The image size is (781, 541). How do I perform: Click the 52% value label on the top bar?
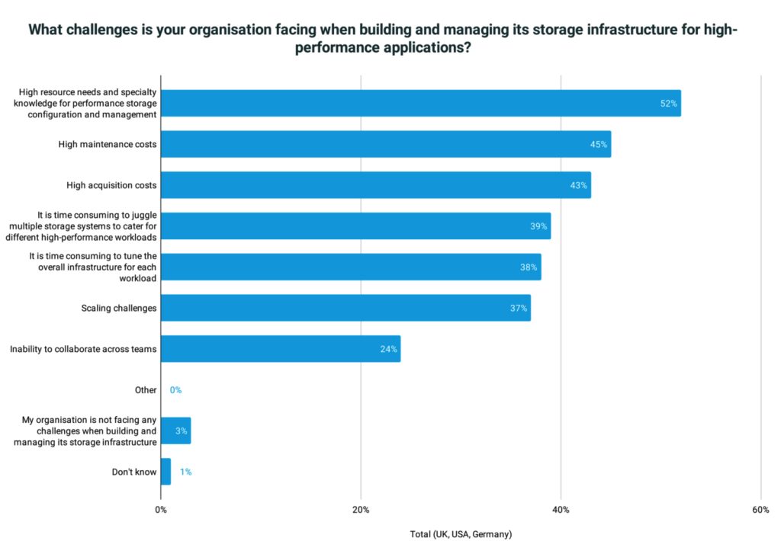(668, 104)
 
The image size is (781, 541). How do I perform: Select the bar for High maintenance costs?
(385, 144)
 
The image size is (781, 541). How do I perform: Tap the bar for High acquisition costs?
(375, 185)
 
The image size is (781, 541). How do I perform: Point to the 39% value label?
(539, 226)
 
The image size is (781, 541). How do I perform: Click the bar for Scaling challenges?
(346, 308)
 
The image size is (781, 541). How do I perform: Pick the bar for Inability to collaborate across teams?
(280, 349)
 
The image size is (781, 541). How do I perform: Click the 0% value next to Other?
(175, 390)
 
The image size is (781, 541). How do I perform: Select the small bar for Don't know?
(166, 472)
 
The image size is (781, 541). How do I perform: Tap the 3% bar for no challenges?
(175, 431)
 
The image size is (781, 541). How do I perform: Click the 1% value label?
(185, 472)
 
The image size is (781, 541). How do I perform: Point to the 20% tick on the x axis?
(361, 510)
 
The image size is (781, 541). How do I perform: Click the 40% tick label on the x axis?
(561, 510)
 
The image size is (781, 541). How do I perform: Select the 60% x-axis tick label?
(760, 510)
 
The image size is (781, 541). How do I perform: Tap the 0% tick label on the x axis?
(161, 510)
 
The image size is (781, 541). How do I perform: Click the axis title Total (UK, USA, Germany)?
(461, 534)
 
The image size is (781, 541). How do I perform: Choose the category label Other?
(145, 390)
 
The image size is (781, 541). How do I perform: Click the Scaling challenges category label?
(118, 308)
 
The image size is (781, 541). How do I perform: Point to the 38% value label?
(529, 267)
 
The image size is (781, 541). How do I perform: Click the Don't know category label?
(134, 472)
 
